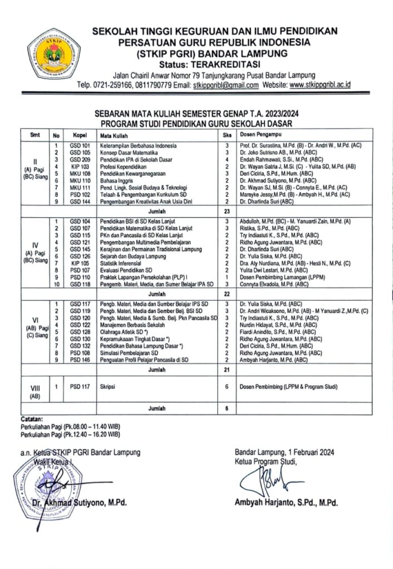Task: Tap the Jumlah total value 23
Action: [x=227, y=211]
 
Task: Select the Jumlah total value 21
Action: [x=227, y=368]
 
